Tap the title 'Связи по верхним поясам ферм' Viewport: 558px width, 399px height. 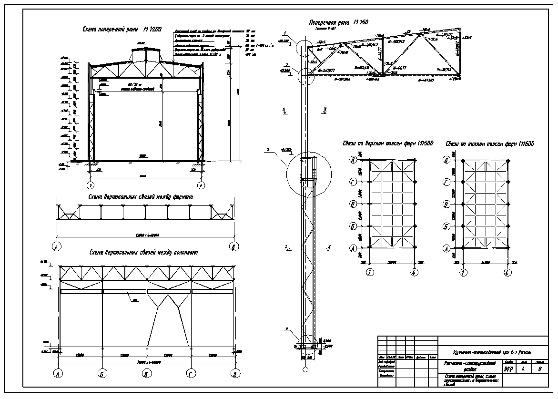tap(387, 143)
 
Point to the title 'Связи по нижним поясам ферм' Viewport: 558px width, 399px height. tap(489, 143)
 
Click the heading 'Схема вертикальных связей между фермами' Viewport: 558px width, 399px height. tap(141, 196)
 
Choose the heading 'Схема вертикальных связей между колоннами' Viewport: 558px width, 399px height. tap(143, 252)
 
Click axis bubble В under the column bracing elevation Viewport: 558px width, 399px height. tap(146, 373)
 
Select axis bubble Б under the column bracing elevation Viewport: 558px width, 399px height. tap(102, 373)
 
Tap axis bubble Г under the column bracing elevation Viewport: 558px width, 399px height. tap(190, 373)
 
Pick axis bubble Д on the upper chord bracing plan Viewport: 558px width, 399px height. tap(354, 160)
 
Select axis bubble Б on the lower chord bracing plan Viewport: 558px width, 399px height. tap(446, 226)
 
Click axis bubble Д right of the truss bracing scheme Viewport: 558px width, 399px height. tap(233, 247)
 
